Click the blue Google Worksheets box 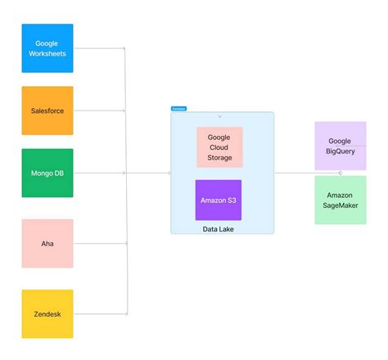click(x=47, y=48)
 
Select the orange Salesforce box click(x=47, y=110)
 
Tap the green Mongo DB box click(x=47, y=173)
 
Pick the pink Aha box click(x=47, y=243)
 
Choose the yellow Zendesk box click(x=47, y=313)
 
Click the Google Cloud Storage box click(x=219, y=147)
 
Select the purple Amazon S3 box click(x=219, y=200)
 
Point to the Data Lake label click(x=219, y=230)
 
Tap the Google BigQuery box click(x=340, y=146)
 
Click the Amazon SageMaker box click(x=340, y=200)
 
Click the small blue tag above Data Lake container click(x=178, y=108)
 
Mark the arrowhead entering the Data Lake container click(x=169, y=173)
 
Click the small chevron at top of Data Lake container click(x=219, y=116)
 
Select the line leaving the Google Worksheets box click(x=98, y=48)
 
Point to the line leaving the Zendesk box click(x=98, y=313)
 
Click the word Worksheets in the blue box click(x=47, y=53)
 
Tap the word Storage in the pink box click(x=219, y=157)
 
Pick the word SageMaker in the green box click(x=340, y=206)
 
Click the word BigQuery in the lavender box click(x=340, y=151)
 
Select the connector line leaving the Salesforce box click(x=98, y=110)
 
